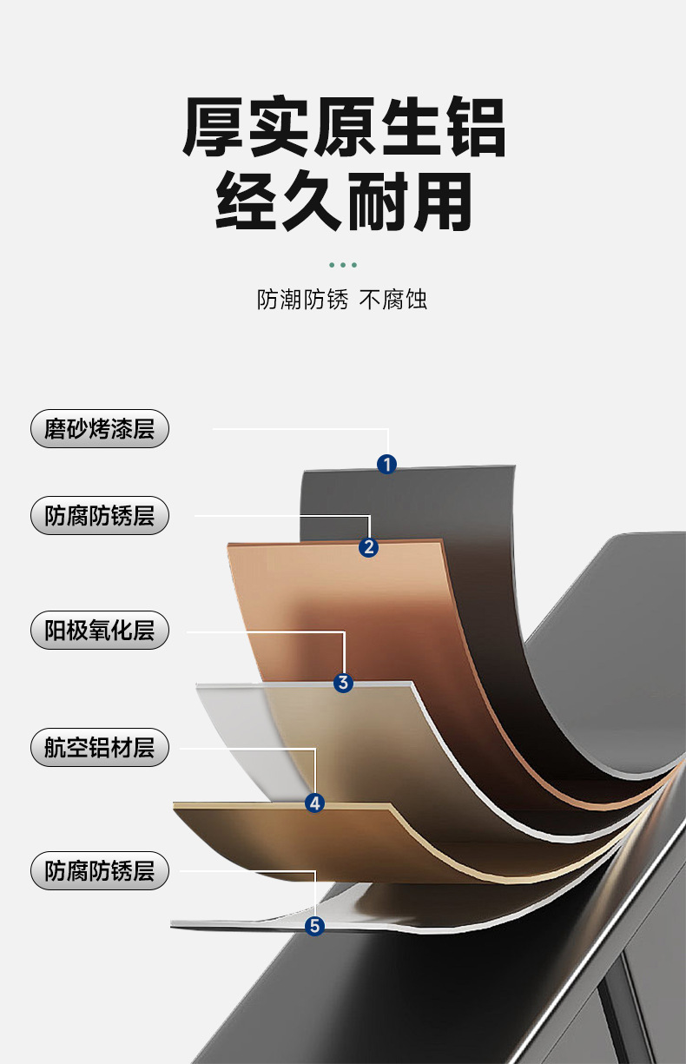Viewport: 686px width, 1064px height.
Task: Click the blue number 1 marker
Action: pyautogui.click(x=387, y=465)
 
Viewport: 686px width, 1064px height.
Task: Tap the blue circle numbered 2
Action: pyautogui.click(x=369, y=546)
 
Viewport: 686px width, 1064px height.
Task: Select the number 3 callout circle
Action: pyautogui.click(x=344, y=683)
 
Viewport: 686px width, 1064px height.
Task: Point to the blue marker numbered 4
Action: pyautogui.click(x=315, y=803)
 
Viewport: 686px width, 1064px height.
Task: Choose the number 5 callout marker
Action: pyautogui.click(x=315, y=926)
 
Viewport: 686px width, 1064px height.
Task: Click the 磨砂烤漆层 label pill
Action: pyautogui.click(x=99, y=429)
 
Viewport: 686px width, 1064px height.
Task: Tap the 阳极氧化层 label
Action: pyautogui.click(x=99, y=630)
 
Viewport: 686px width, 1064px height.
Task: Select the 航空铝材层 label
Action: pyautogui.click(x=99, y=747)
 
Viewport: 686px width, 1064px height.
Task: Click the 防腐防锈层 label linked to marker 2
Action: pyautogui.click(x=99, y=516)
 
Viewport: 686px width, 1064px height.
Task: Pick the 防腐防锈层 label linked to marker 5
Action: pyautogui.click(x=99, y=870)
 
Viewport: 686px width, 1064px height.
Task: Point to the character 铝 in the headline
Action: pyautogui.click(x=474, y=128)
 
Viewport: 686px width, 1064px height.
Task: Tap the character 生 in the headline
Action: pyautogui.click(x=410, y=128)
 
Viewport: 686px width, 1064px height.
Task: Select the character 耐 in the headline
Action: pyautogui.click(x=379, y=202)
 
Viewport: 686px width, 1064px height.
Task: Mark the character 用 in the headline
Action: pyautogui.click(x=443, y=202)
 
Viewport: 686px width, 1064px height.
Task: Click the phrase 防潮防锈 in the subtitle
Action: pyautogui.click(x=302, y=301)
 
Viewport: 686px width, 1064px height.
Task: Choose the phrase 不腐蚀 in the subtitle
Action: pyautogui.click(x=393, y=301)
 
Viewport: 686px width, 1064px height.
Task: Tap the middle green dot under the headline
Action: pyautogui.click(x=344, y=265)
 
